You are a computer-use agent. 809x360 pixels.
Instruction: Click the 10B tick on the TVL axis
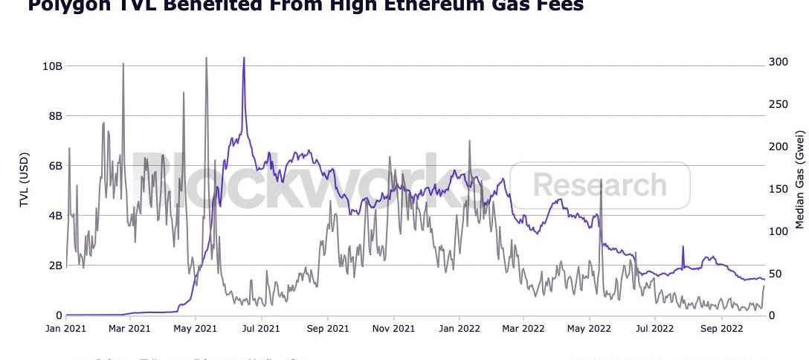coord(51,66)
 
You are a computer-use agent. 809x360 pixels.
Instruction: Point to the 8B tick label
coord(54,116)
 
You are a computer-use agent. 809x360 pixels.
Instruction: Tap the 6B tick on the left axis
coord(54,166)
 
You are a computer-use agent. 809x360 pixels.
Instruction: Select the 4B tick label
coord(54,216)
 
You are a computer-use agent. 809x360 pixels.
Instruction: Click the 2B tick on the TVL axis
coord(54,266)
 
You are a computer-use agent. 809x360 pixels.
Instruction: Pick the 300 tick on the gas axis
coord(778,62)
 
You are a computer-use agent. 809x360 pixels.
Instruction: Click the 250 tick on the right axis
coord(778,104)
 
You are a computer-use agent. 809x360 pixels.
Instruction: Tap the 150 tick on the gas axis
coord(778,189)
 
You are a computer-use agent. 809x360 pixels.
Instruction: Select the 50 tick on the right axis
coord(775,274)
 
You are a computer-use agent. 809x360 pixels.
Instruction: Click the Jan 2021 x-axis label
coord(66,328)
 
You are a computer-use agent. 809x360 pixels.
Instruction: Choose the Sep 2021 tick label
coord(328,328)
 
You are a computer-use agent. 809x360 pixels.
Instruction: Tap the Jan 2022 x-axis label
coord(459,328)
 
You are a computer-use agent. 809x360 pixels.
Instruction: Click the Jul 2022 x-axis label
coord(655,328)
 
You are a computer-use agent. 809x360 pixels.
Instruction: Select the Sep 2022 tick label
coord(721,328)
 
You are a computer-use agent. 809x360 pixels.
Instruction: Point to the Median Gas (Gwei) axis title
coord(800,179)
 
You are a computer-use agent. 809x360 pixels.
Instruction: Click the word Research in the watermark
coord(599,184)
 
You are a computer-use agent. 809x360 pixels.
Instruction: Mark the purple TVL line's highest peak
coord(243,58)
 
